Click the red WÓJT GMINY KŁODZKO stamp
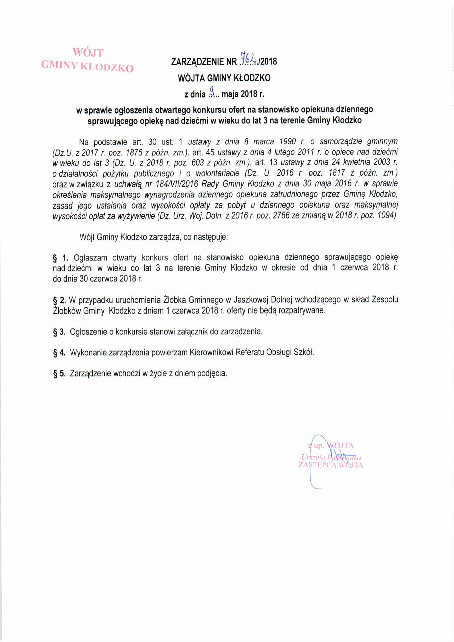point(87,60)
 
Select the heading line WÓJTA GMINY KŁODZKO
point(224,78)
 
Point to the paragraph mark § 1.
point(60,257)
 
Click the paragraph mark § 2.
point(59,300)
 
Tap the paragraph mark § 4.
point(59,353)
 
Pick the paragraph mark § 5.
point(59,373)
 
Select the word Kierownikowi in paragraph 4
point(212,353)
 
